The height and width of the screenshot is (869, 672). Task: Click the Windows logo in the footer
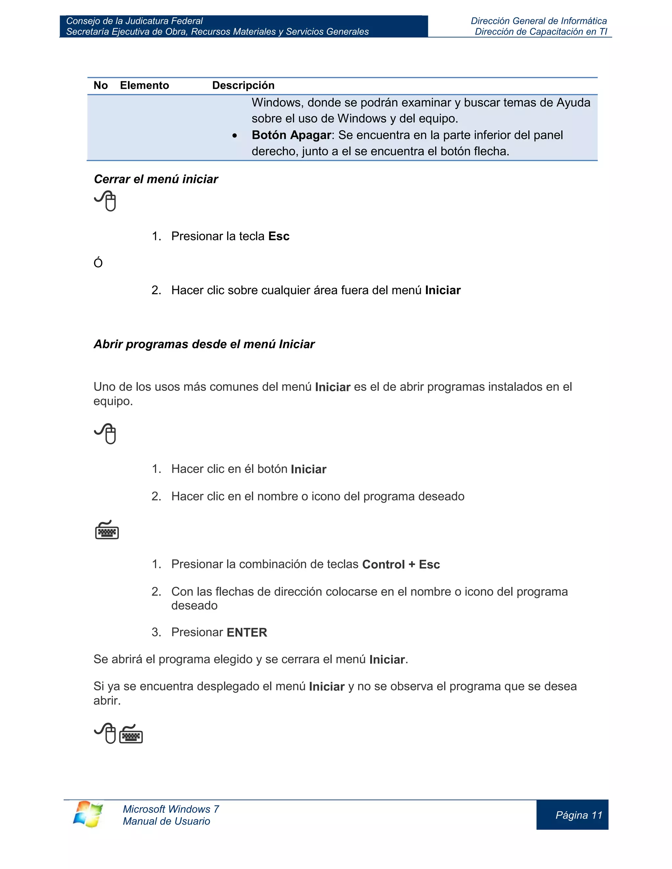point(88,814)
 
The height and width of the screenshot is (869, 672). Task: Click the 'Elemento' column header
point(144,86)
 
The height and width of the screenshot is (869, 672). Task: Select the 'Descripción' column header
point(243,86)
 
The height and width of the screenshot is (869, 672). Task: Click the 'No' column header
point(100,86)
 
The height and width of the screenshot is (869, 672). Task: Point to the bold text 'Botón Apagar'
point(291,135)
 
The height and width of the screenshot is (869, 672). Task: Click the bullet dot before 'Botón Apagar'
point(235,136)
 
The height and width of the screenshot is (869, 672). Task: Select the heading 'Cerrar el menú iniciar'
point(156,179)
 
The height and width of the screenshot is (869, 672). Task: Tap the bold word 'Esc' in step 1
point(279,236)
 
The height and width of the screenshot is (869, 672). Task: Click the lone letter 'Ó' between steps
point(98,263)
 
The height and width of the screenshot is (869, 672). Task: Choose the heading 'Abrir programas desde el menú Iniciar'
point(204,344)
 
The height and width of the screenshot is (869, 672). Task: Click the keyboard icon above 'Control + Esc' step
point(107,530)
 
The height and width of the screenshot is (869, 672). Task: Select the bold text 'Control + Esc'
point(401,565)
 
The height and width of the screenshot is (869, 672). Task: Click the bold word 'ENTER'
point(247,633)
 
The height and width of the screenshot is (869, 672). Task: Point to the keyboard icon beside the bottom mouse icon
point(131,734)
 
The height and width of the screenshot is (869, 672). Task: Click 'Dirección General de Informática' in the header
point(539,21)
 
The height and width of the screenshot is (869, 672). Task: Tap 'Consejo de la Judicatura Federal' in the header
point(134,21)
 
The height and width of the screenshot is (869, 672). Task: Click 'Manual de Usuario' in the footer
point(166,821)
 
